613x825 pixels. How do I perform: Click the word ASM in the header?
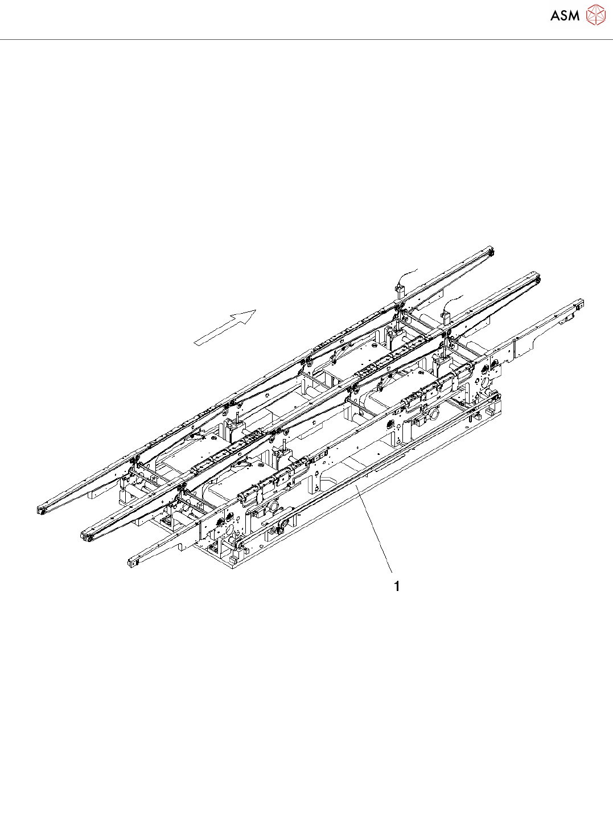tap(565, 16)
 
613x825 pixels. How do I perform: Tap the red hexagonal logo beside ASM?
tap(596, 15)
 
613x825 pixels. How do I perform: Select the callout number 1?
tap(397, 586)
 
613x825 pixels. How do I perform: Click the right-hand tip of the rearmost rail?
tap(490, 251)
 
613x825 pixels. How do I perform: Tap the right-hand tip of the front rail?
tap(580, 302)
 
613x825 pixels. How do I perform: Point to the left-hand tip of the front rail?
tap(133, 563)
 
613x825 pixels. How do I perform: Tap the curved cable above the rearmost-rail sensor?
tap(408, 273)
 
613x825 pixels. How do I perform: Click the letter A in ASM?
tap(556, 16)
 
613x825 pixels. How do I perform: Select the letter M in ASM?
tap(574, 16)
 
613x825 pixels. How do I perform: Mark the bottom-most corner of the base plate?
tap(233, 568)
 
